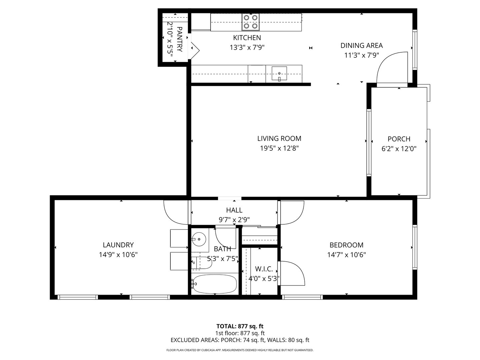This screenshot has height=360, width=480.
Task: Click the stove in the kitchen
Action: pos(251,22)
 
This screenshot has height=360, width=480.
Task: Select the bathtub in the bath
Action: pos(214,284)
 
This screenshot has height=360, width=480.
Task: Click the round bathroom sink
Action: pos(199,239)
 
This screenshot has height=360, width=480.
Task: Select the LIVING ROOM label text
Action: pos(279,139)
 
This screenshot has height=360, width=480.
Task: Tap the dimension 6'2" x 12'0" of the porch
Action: pos(399,149)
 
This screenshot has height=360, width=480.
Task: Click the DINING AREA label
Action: pos(361,46)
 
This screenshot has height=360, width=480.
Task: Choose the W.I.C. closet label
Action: pos(264,269)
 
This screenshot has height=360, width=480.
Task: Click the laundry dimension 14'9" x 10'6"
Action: pos(118,255)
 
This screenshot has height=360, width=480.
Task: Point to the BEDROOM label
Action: pos(346,245)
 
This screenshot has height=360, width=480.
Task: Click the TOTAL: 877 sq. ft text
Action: pos(240,326)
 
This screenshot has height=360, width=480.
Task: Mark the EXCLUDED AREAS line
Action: pos(240,340)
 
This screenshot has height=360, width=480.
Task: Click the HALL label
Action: pos(234,210)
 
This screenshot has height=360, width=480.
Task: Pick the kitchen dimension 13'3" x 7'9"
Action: pos(247,47)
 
